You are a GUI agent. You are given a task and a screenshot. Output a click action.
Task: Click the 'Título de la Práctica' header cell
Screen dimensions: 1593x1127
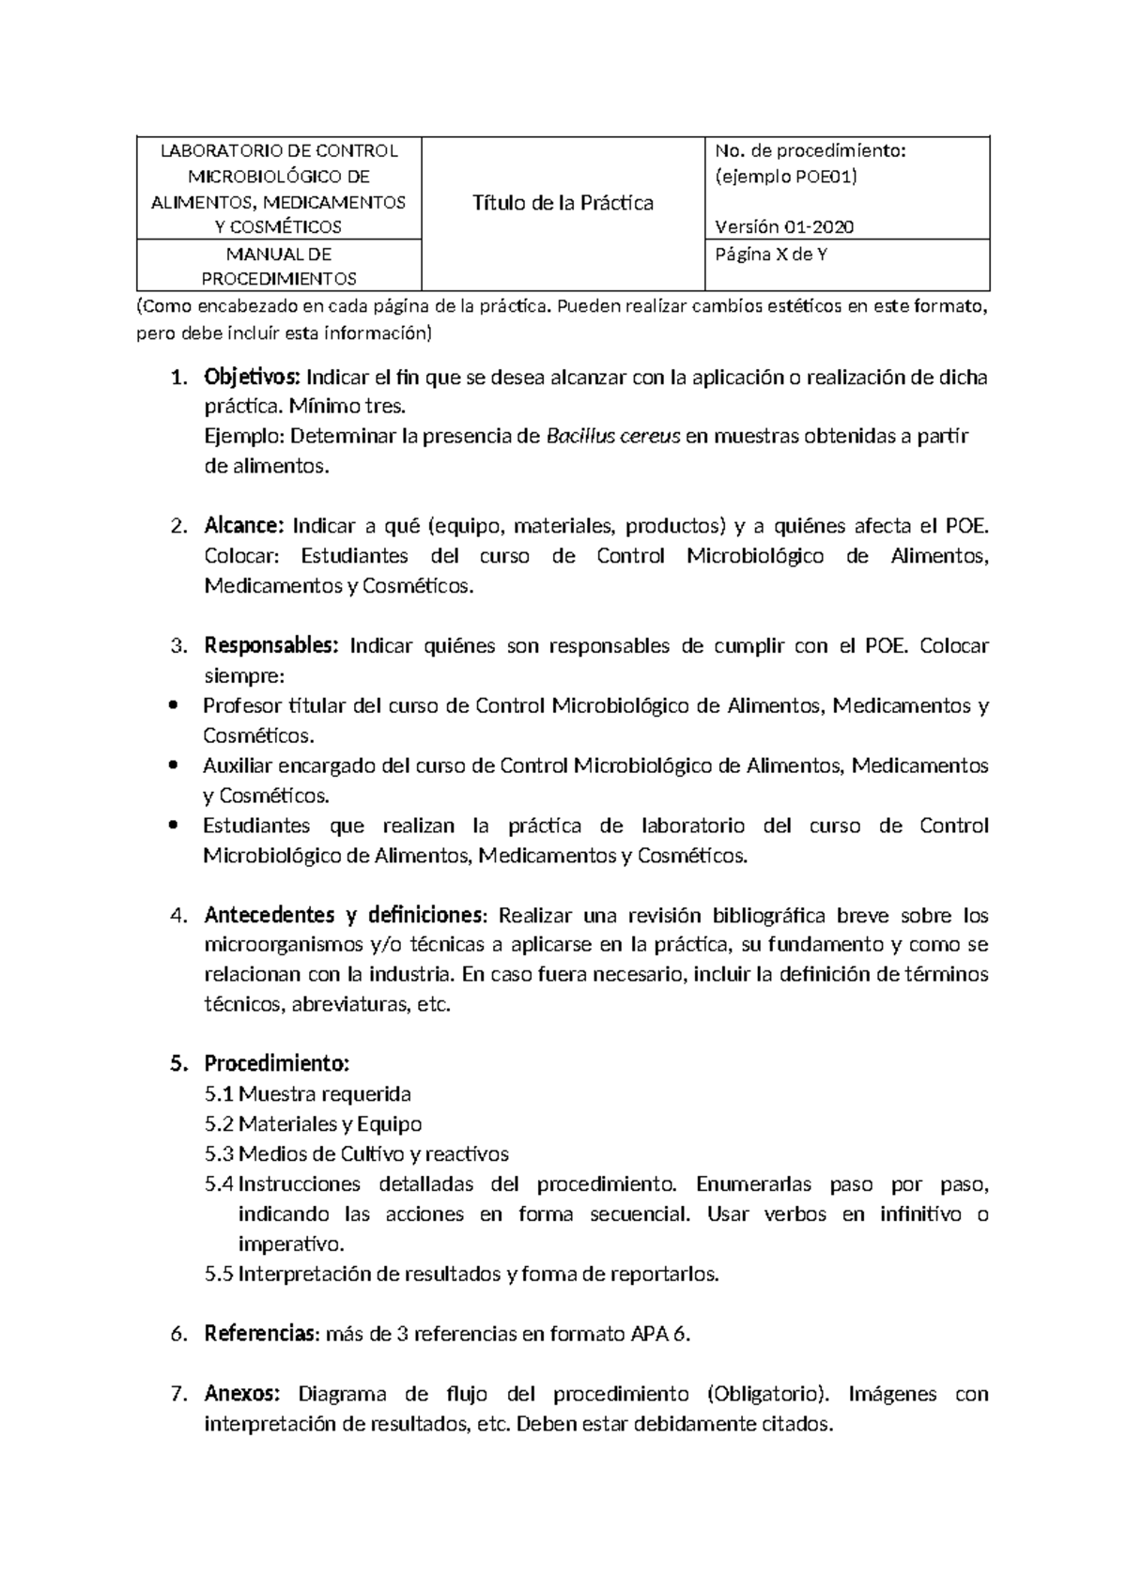point(563,203)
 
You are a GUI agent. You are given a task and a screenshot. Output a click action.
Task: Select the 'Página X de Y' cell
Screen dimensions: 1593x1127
point(771,254)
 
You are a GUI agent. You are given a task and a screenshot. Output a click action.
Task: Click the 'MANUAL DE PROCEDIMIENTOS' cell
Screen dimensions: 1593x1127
point(279,266)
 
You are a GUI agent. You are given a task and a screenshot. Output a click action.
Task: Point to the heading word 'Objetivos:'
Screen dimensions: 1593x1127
point(251,378)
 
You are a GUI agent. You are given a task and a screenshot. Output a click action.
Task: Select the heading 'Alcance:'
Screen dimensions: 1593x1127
point(243,525)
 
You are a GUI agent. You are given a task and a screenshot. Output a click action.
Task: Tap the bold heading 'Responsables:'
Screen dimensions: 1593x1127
point(270,646)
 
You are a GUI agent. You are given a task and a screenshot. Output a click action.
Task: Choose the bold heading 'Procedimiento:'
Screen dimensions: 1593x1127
point(276,1064)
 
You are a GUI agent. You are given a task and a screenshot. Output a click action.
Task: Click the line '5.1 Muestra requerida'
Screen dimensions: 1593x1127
point(308,1094)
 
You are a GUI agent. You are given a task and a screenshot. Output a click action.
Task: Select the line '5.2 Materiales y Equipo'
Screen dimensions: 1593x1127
point(314,1124)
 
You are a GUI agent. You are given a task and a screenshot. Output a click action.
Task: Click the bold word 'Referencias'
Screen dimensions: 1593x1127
point(259,1334)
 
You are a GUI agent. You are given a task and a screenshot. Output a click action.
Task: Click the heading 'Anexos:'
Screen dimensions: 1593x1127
point(242,1394)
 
